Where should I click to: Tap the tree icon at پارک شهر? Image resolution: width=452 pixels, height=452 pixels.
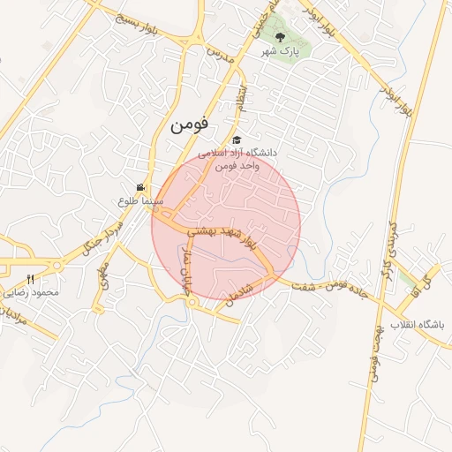pos(281,37)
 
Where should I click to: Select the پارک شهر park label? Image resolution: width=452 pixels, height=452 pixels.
pos(281,52)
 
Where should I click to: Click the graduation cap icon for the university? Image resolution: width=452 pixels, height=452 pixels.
pos(236,139)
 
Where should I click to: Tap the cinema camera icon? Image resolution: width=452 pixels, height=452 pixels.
pos(140,186)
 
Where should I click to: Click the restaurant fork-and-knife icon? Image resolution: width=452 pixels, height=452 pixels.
pos(30,279)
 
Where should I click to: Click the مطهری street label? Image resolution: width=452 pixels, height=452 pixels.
pos(104,277)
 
